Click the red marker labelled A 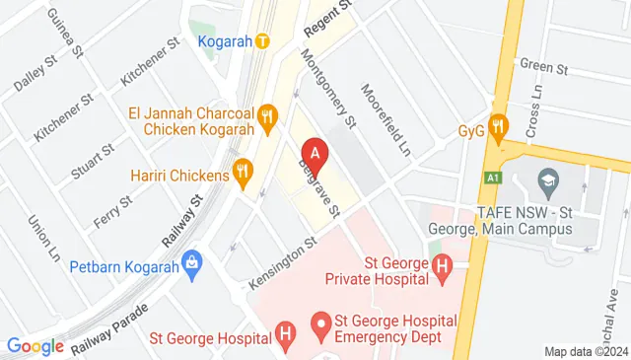coord(315,155)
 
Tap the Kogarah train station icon coord(261,41)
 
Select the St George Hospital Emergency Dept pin coord(319,323)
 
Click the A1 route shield coord(490,179)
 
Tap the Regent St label coord(327,18)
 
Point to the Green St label coord(544,68)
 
